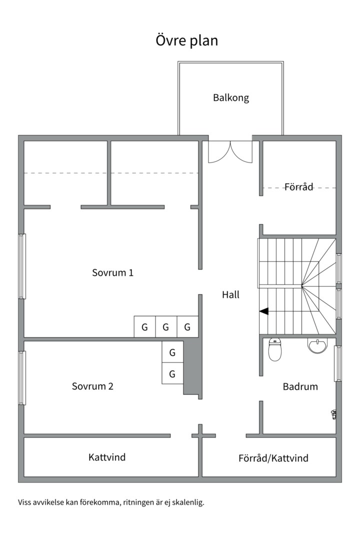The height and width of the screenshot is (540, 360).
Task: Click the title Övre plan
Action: click(187, 40)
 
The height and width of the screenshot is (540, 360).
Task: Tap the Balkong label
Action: click(230, 98)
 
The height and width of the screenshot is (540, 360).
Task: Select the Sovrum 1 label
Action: click(112, 273)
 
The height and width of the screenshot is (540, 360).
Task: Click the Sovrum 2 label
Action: click(92, 386)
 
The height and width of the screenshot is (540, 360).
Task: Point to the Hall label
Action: click(230, 295)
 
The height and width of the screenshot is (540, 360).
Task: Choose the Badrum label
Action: click(300, 386)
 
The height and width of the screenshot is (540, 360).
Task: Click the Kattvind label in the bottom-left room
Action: click(107, 457)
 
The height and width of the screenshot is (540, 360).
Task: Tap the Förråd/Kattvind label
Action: click(273, 458)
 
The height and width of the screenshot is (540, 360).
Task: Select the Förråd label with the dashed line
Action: click(298, 187)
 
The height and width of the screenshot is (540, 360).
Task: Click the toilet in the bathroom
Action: click(275, 349)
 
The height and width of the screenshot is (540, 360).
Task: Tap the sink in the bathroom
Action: click(317, 345)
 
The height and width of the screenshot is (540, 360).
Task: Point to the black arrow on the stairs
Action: click(263, 311)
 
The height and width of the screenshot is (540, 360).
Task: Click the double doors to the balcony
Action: click(230, 151)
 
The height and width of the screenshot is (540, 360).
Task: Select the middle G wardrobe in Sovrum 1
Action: click(166, 327)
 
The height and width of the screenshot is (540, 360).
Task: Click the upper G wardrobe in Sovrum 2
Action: click(172, 352)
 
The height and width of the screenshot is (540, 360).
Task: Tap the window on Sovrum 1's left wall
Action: click(21, 266)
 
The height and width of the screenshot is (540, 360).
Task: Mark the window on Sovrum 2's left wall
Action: click(21, 377)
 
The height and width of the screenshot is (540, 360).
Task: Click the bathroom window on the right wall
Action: click(338, 363)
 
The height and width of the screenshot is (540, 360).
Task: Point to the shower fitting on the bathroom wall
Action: click(333, 413)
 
